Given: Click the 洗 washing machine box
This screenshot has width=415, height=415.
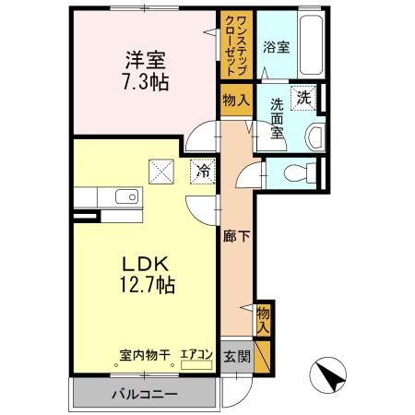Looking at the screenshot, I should (x=302, y=96).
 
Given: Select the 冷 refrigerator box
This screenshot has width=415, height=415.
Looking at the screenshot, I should (x=205, y=170).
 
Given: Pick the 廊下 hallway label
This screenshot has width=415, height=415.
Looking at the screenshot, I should (x=236, y=236).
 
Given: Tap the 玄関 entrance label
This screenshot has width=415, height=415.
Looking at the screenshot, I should (x=236, y=356).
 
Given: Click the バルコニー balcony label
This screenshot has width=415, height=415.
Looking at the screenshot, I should (x=145, y=395).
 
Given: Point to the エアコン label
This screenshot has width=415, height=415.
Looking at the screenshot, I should (x=196, y=353).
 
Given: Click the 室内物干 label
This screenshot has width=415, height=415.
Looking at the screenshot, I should (x=146, y=353).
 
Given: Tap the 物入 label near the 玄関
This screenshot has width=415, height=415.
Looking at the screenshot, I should (x=263, y=318).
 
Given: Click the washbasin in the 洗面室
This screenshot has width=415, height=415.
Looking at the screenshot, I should (x=315, y=136).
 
